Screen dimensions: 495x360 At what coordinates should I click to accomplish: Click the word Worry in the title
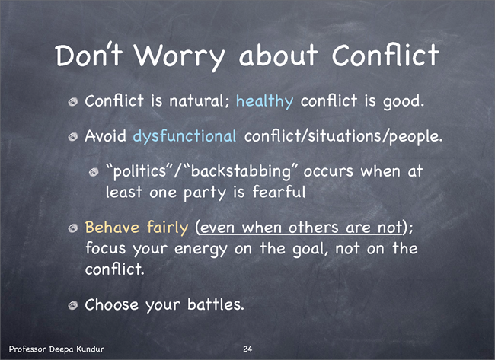pyautogui.click(x=179, y=56)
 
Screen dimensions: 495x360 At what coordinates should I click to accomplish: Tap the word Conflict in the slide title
pyautogui.click(x=385, y=55)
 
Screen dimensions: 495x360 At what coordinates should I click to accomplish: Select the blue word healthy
pyautogui.click(x=265, y=101)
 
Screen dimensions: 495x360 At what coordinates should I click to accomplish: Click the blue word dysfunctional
pyautogui.click(x=184, y=136)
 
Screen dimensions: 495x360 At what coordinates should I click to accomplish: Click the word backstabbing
pyautogui.click(x=241, y=172)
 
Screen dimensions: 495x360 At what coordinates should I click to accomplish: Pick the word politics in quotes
pyautogui.click(x=139, y=172)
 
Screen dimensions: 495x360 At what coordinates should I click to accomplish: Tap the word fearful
pyautogui.click(x=279, y=192)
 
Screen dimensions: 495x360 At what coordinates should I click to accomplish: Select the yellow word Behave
pyautogui.click(x=112, y=227)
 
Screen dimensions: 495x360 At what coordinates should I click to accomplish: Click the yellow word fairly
pyautogui.click(x=168, y=228)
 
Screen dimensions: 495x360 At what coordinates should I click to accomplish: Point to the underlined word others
pyautogui.click(x=314, y=227)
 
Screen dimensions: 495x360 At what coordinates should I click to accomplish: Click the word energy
pyautogui.click(x=201, y=250)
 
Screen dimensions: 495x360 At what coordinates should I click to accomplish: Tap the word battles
pyautogui.click(x=216, y=304)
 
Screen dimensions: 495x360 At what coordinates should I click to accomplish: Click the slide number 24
pyautogui.click(x=247, y=349)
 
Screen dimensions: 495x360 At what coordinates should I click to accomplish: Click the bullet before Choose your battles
pyautogui.click(x=73, y=304)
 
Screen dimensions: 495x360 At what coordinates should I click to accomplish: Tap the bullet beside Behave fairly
pyautogui.click(x=73, y=228)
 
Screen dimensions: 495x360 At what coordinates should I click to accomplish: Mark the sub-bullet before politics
pyautogui.click(x=94, y=172)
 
